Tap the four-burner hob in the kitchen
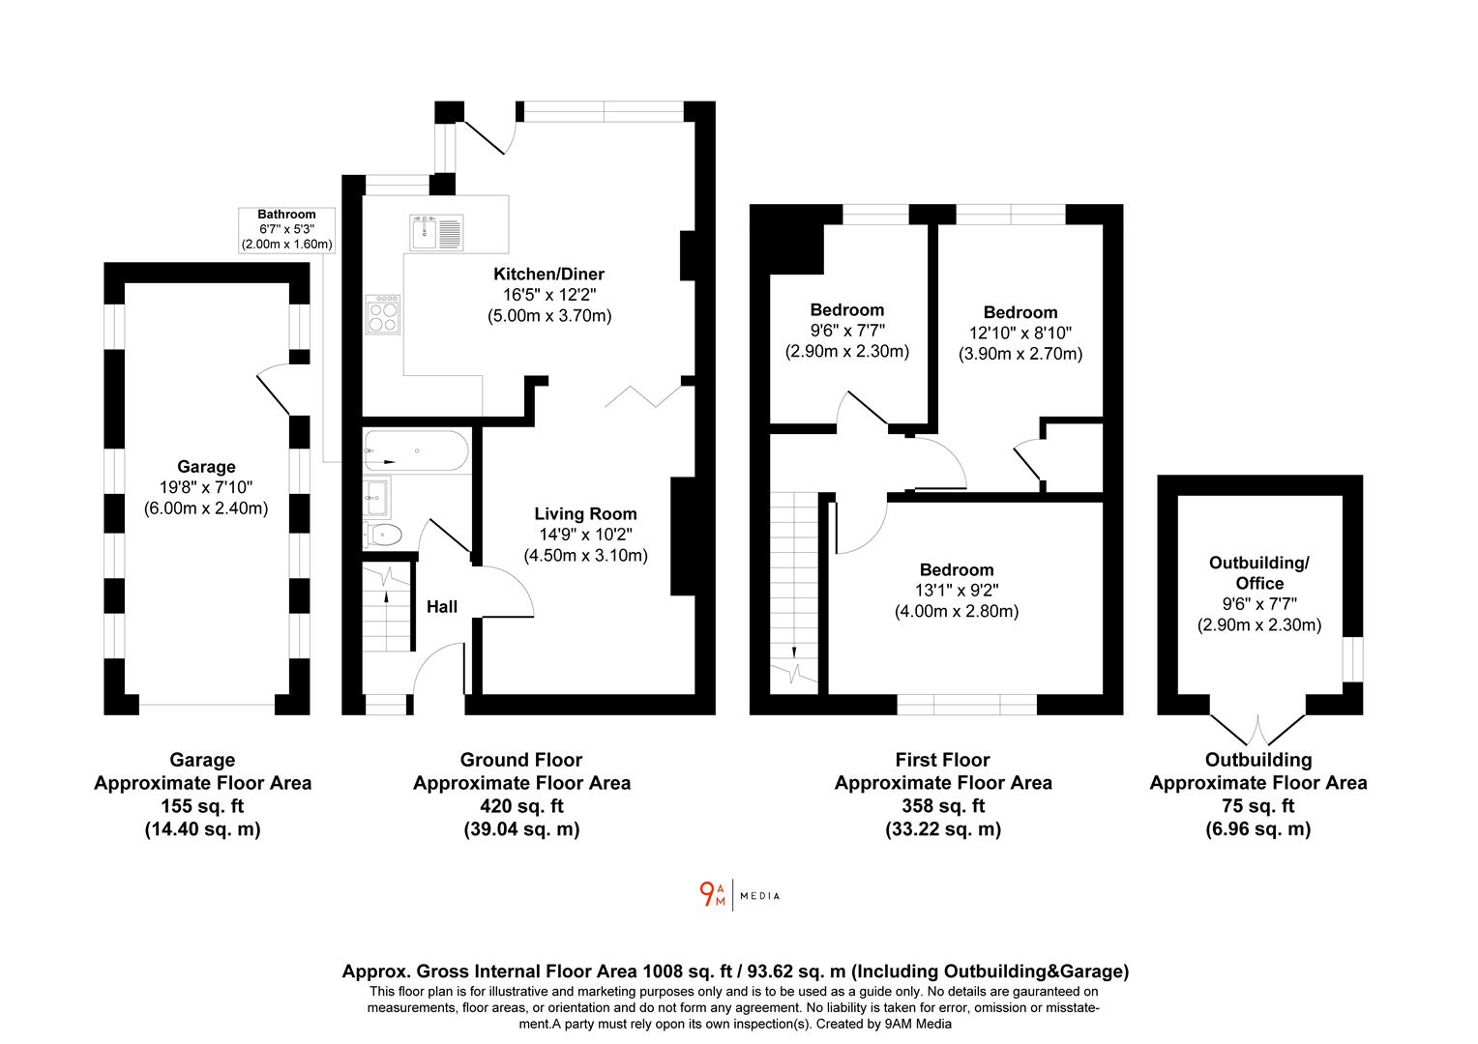383,314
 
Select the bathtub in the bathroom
416,451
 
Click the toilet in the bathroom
384,533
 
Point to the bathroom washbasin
376,497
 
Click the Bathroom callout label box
286,229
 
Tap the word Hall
442,607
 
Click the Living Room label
585,513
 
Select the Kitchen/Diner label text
549,275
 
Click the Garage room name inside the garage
206,467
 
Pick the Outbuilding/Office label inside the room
1258,573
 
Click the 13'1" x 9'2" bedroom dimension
956,591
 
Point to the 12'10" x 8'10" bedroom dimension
1020,333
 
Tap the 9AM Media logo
739,895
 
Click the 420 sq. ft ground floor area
521,806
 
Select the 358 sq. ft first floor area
942,806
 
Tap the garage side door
274,387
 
